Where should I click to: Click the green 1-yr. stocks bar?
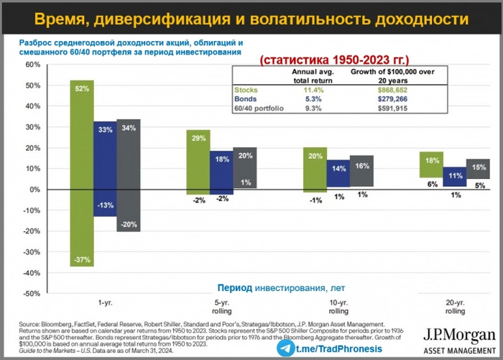82,172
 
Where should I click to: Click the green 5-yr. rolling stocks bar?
198,162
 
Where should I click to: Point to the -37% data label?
82,259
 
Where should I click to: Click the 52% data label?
82,88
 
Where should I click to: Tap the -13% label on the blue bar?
105,206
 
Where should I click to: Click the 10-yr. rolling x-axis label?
338,308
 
